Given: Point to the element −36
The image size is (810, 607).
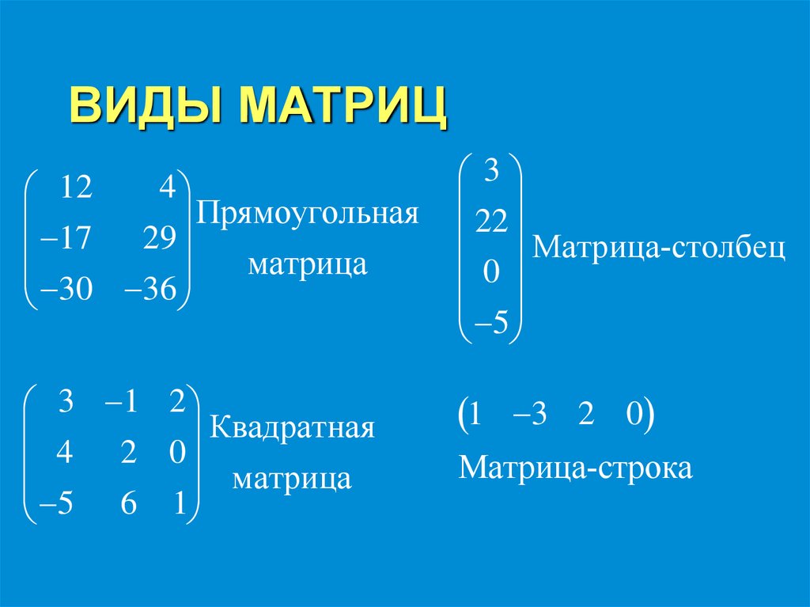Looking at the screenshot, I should (150, 291).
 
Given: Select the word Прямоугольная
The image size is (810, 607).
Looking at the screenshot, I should (308, 214).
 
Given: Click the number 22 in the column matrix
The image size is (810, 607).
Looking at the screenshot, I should (491, 224).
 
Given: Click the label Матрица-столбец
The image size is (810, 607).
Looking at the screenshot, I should (659, 248).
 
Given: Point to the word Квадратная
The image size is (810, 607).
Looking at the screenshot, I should (292, 431).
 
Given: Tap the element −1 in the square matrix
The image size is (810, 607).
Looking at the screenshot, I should (121, 403).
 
